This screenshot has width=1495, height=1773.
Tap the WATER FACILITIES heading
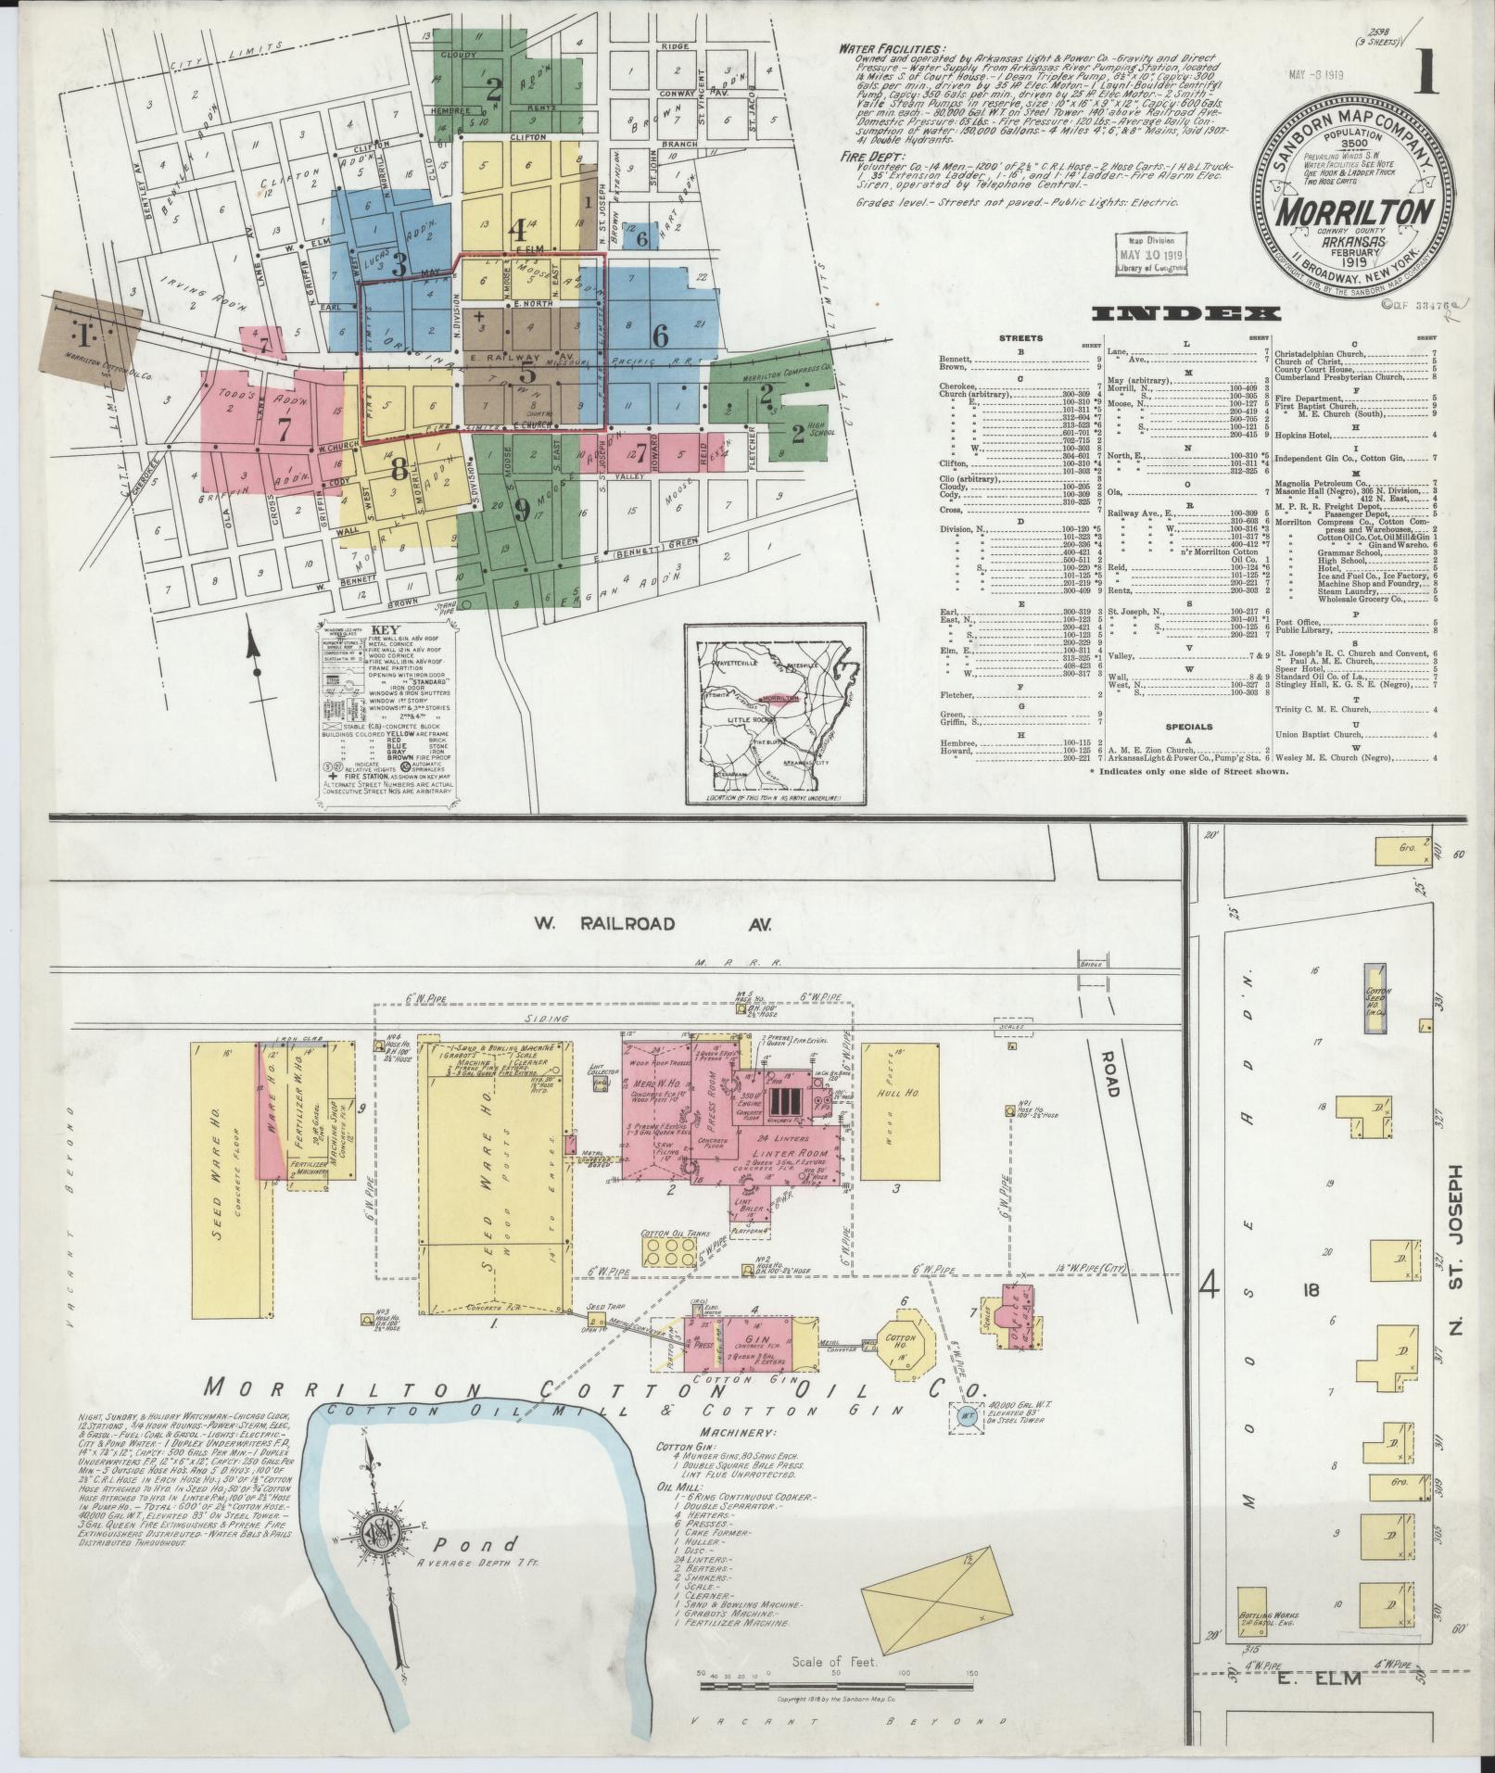(x=892, y=49)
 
